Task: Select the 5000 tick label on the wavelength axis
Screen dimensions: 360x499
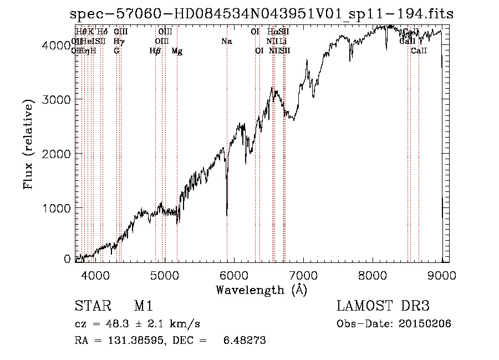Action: pos(164,275)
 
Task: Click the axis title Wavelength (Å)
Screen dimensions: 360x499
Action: pos(261,290)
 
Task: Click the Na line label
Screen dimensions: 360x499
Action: pos(226,42)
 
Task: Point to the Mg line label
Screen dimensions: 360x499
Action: pos(177,52)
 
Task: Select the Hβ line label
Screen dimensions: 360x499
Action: pos(155,51)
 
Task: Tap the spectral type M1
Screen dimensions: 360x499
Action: pos(143,306)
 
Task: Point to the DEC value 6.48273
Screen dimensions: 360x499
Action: pos(243,341)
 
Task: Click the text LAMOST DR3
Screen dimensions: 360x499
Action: pos(383,306)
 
